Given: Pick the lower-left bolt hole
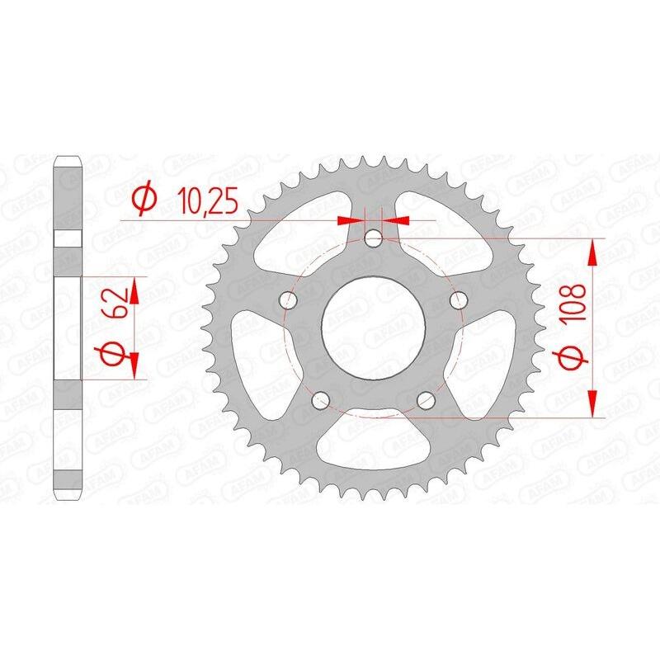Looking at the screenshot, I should pyautogui.click(x=322, y=400).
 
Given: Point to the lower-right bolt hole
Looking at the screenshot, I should pyautogui.click(x=426, y=400).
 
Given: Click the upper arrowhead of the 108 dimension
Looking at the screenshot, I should pyautogui.click(x=592, y=252).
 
